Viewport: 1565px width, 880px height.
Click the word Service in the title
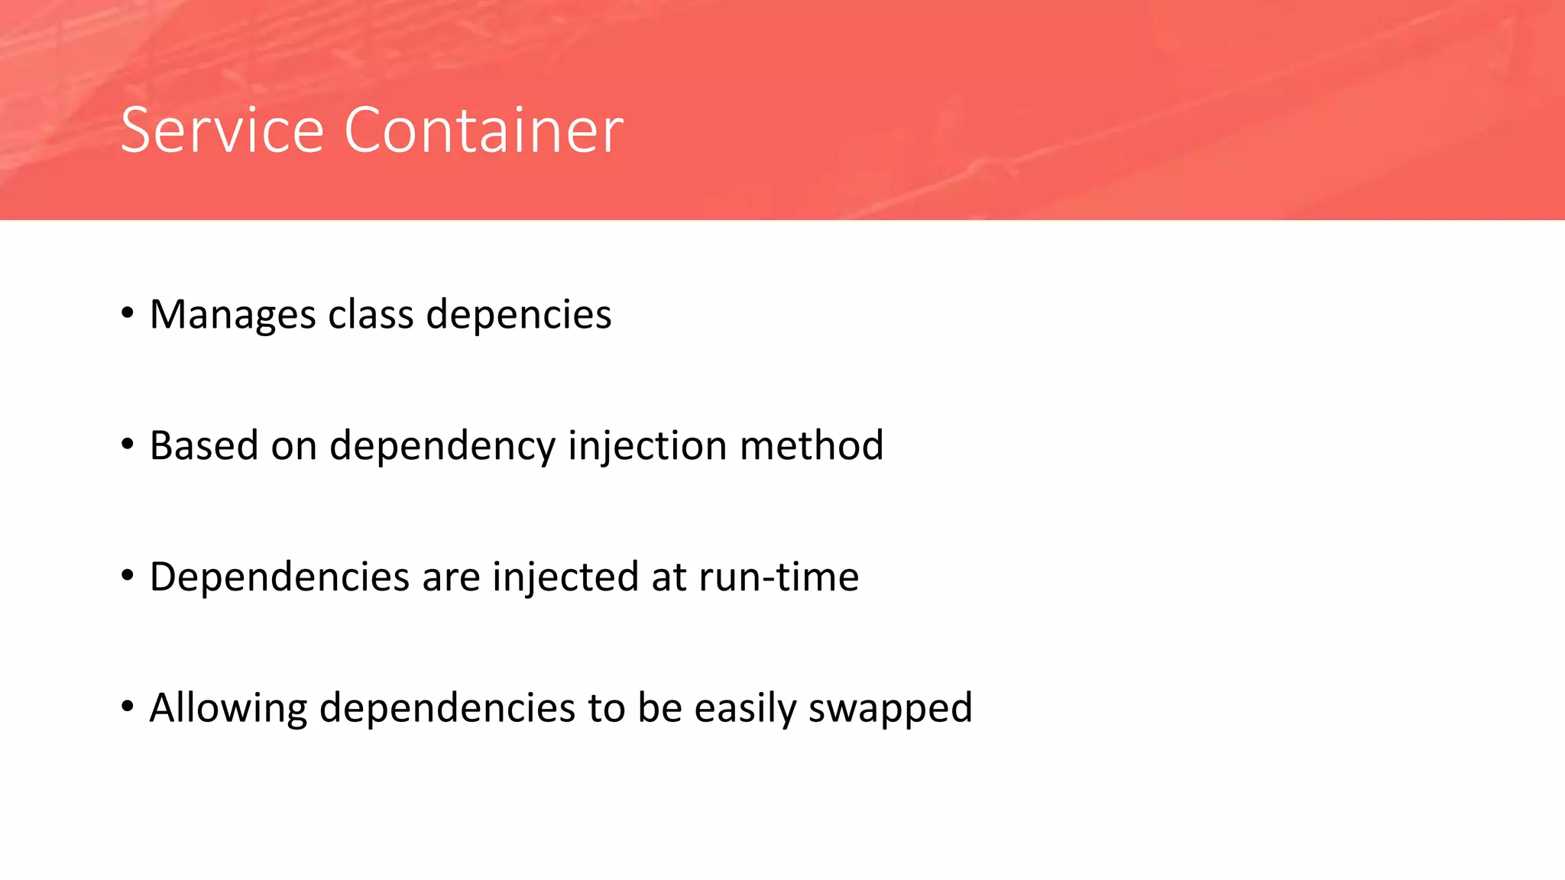(222, 131)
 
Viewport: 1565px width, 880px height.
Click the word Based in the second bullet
(204, 445)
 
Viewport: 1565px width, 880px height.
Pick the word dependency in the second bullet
(442, 447)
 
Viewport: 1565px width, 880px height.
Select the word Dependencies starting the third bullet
(280, 577)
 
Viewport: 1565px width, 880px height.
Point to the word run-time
(779, 577)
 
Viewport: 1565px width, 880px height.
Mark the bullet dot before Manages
(128, 313)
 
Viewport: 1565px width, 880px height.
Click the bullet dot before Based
(128, 444)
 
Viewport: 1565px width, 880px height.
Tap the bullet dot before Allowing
(128, 706)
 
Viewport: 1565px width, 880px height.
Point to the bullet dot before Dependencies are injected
(128, 575)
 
